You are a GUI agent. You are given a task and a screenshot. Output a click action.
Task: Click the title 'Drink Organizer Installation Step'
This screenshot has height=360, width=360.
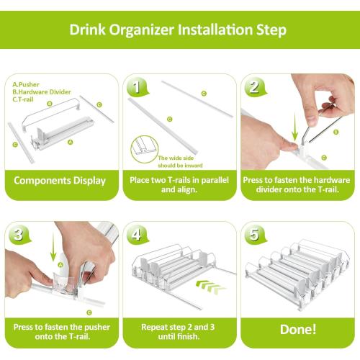(x=178, y=30)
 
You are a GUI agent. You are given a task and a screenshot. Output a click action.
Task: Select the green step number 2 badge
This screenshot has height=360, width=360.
(x=253, y=87)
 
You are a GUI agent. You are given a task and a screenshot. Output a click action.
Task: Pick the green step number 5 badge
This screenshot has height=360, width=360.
(x=253, y=235)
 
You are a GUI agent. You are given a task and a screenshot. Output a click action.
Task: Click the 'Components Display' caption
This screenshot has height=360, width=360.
(x=60, y=181)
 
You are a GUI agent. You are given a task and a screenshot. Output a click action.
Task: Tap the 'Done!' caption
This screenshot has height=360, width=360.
(x=297, y=329)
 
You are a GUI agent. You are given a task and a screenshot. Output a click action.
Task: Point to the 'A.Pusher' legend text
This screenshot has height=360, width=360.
(x=27, y=84)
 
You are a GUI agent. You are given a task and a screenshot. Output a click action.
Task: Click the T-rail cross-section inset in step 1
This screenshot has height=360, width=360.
(x=144, y=149)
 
